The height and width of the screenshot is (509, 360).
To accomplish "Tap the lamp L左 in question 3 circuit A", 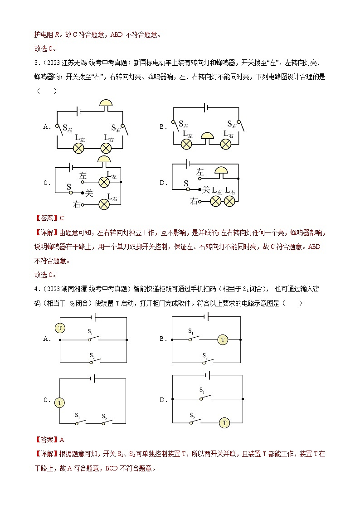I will pos(79,148).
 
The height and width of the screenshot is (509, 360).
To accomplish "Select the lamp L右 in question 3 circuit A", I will pos(106,148).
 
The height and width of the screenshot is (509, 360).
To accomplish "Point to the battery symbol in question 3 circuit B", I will pos(206,107).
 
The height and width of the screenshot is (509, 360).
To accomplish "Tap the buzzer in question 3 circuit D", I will pos(221,170).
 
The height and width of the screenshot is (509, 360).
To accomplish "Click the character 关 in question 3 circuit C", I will pos(89,193).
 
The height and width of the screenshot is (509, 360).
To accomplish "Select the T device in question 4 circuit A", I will pos(60,328).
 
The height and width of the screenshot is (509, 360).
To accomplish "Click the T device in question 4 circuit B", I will pos(222,339).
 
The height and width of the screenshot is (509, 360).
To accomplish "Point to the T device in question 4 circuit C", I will pos(59,402).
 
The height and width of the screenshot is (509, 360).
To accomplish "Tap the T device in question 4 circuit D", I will pos(224,422).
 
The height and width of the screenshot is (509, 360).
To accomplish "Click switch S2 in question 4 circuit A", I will pos(93,360).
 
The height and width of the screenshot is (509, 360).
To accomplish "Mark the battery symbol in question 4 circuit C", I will pos(93,378).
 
